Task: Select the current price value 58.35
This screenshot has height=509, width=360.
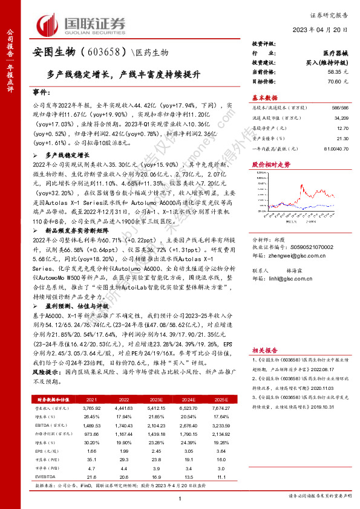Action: click(342, 72)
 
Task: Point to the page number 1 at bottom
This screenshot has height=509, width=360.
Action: click(180, 498)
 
